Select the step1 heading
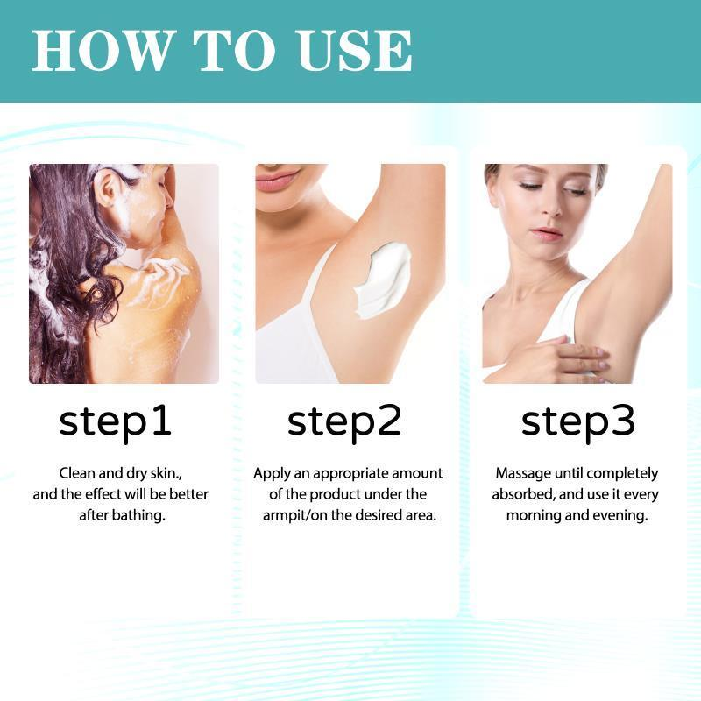click(116, 421)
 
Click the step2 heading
click(344, 421)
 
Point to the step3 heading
click(577, 421)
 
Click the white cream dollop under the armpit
click(384, 277)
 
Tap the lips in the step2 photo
click(280, 179)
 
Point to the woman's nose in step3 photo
click(546, 209)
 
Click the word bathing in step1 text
click(135, 515)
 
